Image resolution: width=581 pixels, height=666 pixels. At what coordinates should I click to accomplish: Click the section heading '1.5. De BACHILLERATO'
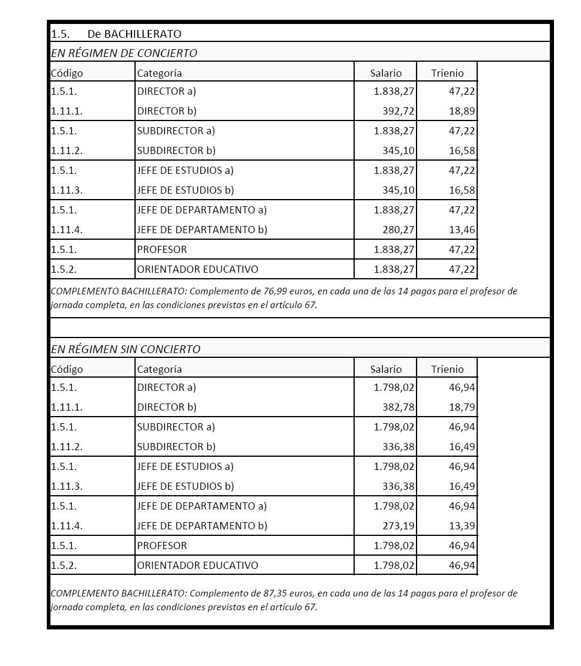[116, 34]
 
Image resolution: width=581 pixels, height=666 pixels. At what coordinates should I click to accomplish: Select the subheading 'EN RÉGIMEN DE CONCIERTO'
[124, 53]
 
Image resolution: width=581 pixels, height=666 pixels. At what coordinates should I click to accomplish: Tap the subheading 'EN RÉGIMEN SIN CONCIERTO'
[125, 349]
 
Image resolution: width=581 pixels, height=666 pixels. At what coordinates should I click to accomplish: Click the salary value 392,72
[399, 111]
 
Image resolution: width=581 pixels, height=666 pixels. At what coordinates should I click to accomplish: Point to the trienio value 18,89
[462, 111]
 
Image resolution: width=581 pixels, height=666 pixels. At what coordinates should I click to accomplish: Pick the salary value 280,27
[399, 230]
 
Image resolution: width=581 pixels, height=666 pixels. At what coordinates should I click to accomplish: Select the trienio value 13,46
[462, 230]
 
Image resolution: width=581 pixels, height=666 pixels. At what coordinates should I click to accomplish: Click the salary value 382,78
[399, 407]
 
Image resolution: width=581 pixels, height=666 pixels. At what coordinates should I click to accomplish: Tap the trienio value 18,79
[462, 407]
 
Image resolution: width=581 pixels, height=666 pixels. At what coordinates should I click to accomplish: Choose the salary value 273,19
[399, 526]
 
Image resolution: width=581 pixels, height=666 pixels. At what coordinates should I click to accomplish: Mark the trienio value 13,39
[462, 526]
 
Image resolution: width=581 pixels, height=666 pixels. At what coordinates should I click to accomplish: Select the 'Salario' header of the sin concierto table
[386, 369]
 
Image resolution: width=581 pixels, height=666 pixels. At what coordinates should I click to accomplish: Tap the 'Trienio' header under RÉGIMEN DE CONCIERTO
[447, 73]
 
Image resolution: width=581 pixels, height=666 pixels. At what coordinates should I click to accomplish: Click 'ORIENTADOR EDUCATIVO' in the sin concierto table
[197, 565]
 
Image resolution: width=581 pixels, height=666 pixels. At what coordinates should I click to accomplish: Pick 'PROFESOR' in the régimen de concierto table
[162, 249]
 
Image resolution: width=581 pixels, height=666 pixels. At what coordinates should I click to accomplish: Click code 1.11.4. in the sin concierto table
[67, 526]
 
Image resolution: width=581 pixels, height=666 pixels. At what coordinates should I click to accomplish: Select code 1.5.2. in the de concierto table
[64, 269]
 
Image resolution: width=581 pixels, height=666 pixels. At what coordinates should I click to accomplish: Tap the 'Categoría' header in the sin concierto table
[159, 369]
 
